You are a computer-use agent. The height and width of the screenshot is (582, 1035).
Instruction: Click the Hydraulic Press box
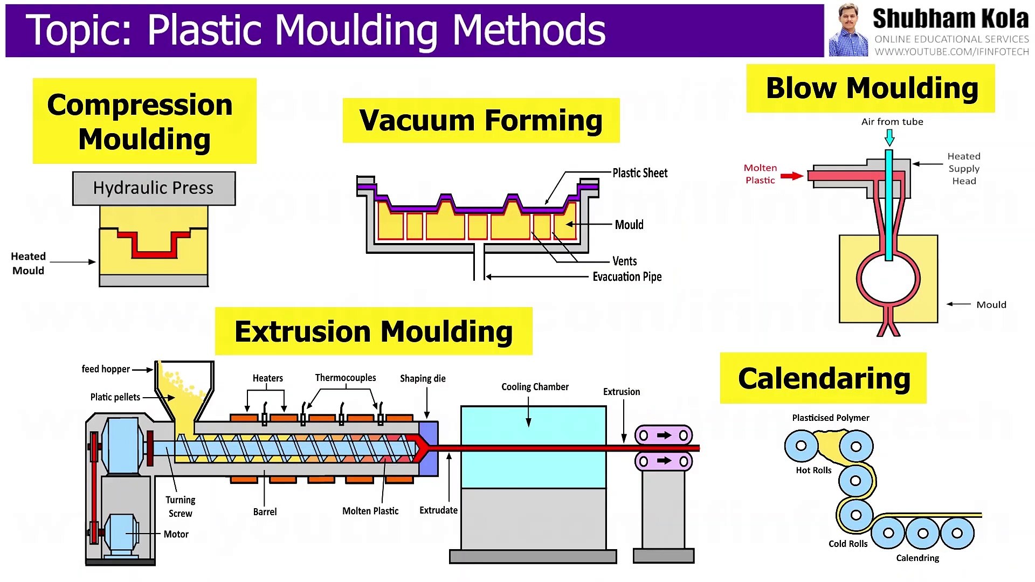click(154, 188)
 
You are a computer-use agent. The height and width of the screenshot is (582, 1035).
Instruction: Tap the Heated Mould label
click(29, 264)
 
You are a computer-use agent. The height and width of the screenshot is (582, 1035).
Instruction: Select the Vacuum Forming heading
click(481, 120)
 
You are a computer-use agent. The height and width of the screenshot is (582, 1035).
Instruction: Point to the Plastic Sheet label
click(640, 173)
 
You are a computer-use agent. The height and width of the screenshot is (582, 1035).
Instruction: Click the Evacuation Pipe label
click(627, 277)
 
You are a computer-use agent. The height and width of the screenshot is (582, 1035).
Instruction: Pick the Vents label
click(624, 261)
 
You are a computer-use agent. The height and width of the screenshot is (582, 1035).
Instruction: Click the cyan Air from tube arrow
click(889, 138)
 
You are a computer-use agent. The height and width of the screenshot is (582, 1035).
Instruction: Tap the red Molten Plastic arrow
click(791, 176)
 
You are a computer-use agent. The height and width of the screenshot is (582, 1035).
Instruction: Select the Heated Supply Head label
click(964, 169)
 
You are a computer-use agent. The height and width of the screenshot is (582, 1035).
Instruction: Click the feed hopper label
click(106, 369)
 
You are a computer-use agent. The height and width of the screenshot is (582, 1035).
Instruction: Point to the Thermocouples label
click(346, 378)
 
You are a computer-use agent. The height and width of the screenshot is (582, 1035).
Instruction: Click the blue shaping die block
click(429, 448)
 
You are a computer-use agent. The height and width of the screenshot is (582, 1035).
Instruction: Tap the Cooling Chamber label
click(535, 387)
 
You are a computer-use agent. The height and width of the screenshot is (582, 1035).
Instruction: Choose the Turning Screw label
click(180, 507)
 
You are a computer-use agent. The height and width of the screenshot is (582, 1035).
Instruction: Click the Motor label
click(176, 534)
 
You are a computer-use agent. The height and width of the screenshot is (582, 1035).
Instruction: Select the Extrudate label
click(438, 510)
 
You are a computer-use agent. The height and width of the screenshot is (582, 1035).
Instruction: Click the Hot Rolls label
click(813, 470)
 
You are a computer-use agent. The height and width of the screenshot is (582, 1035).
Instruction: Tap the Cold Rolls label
click(848, 544)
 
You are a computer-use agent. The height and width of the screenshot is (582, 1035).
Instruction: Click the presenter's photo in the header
click(848, 31)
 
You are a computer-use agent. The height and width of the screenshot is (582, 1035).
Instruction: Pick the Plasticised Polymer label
click(831, 418)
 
